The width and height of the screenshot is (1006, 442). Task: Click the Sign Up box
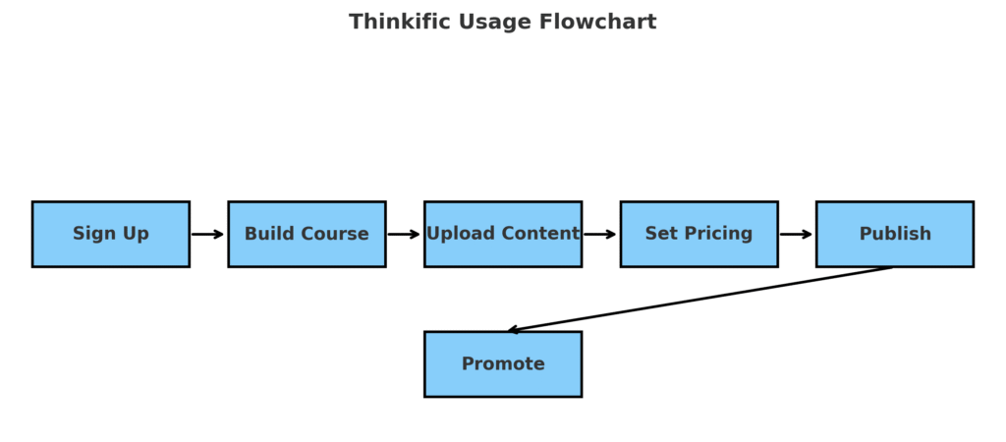110,234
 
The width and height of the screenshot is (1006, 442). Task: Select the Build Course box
307,234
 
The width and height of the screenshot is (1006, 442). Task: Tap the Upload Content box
503,234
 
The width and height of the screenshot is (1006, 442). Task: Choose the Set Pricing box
699,234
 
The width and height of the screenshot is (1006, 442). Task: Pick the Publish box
895,234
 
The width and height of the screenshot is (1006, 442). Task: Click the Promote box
503,363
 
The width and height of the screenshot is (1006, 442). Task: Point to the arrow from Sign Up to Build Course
207,234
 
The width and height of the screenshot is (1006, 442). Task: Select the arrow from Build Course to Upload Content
404,234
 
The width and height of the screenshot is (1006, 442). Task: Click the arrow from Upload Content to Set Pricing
600,234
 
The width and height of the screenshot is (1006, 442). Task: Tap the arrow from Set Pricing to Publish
796,234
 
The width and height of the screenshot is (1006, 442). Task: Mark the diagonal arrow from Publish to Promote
699,300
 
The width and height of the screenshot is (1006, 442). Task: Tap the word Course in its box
336,234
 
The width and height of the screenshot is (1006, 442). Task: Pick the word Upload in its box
458,234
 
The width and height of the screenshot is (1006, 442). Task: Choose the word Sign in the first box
91,234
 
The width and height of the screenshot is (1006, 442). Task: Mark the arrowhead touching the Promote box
512,330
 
